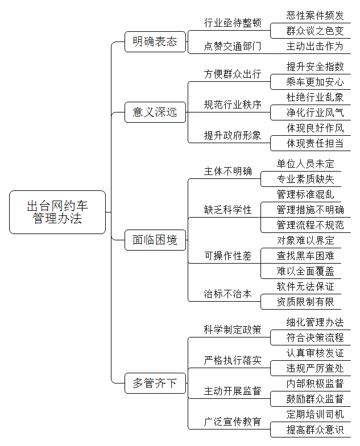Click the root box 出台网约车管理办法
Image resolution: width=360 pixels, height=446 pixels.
(57, 212)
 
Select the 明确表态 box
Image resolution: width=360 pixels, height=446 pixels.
(155, 42)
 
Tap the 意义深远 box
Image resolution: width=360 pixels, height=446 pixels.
(155, 112)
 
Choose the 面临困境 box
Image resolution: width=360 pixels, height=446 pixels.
(155, 240)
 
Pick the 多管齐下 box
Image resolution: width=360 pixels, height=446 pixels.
(155, 383)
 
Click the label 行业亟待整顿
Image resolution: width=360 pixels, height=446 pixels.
(233, 23)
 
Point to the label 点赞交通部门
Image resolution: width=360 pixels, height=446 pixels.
(233, 46)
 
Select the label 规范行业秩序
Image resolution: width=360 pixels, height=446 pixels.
(233, 105)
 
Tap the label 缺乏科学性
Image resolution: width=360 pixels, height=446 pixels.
(227, 210)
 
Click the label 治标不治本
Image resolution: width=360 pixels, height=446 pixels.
(227, 294)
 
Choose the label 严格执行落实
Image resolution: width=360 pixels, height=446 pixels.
(233, 360)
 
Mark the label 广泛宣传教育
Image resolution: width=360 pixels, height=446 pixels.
(233, 422)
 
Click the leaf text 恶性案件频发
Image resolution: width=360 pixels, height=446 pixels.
(315, 15)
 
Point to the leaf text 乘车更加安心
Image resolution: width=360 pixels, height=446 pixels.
(315, 82)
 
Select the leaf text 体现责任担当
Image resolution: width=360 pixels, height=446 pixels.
(315, 143)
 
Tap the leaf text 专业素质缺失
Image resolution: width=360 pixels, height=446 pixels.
(305, 179)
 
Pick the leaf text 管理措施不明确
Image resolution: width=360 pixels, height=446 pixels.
(310, 210)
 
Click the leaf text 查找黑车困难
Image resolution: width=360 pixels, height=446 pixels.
(305, 256)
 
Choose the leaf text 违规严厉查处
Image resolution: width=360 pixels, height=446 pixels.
(315, 368)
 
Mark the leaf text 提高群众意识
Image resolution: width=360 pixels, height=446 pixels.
(315, 430)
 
